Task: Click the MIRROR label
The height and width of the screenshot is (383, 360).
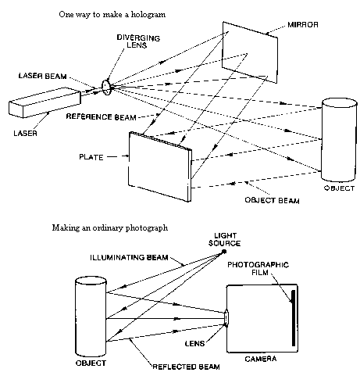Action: point(303,25)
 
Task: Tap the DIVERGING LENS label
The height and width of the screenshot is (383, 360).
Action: point(138,41)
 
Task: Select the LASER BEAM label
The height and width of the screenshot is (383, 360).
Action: point(42,76)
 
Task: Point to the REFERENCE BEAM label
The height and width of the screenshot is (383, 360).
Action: point(101,117)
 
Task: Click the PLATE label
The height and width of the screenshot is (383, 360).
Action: point(91,157)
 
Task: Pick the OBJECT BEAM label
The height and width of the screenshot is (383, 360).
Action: point(272,200)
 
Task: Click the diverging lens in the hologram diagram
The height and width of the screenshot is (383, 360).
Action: point(106,87)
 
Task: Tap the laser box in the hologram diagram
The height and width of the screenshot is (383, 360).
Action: point(45,102)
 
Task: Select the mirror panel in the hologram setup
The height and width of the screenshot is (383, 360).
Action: point(250,52)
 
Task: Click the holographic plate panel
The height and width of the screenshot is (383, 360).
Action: point(160,166)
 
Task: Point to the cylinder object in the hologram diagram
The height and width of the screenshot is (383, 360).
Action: point(339,140)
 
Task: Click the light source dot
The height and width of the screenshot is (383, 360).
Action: point(223,252)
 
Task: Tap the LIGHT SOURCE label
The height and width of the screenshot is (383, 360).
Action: point(224,239)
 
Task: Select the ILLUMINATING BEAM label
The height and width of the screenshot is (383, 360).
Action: point(129,258)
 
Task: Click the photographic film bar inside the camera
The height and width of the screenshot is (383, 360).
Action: point(294,318)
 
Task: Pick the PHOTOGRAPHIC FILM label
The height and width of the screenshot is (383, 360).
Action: point(258,269)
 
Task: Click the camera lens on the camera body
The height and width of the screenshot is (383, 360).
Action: point(226,318)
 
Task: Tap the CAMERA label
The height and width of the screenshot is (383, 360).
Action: point(261,359)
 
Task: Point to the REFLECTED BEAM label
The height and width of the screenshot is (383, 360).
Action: point(186,367)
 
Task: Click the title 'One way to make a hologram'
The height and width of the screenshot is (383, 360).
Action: point(112,14)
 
